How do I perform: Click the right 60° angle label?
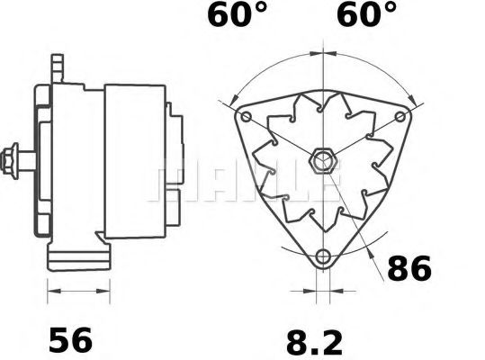(x=366, y=17)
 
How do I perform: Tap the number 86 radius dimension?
(x=409, y=268)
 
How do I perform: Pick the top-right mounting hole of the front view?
(x=399, y=118)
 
